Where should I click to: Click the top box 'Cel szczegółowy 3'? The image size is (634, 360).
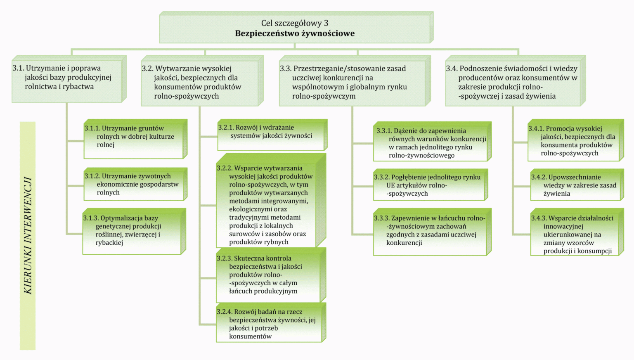click(295, 23)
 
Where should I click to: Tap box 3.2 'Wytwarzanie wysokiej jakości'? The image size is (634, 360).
click(201, 83)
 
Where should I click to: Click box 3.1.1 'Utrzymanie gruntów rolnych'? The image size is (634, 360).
click(134, 139)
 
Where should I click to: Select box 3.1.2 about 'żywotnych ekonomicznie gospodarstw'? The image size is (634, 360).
click(134, 184)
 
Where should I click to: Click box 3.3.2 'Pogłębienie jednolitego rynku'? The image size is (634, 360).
click(429, 185)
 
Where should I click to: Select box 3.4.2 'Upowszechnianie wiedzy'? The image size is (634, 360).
click(575, 185)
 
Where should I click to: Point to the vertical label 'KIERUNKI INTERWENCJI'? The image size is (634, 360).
click(28, 235)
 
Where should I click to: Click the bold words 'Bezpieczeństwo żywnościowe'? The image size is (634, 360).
click(295, 33)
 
